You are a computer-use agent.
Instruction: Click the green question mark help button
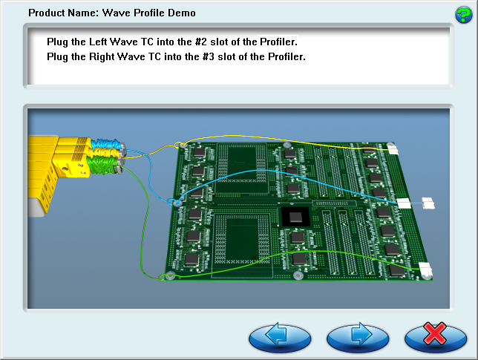tap(463, 15)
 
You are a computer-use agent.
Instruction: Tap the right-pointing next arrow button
tap(358, 338)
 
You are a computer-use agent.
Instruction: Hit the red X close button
tap(436, 338)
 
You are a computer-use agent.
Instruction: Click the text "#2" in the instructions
tap(201, 42)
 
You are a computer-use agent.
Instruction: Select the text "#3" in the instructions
tap(209, 56)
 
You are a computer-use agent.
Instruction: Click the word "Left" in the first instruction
tap(97, 42)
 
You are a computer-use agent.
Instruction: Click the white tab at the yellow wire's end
tap(393, 150)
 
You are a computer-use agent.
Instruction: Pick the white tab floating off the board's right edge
tap(428, 203)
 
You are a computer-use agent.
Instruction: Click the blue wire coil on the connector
tap(106, 144)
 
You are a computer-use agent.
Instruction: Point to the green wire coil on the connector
tap(102, 166)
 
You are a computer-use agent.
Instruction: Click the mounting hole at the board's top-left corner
tap(183, 145)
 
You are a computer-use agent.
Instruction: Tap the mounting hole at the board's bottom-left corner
tap(170, 275)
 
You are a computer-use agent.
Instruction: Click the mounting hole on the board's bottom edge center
tap(298, 276)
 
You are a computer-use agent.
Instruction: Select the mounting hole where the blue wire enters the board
tap(177, 203)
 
